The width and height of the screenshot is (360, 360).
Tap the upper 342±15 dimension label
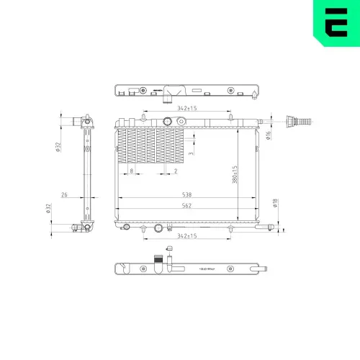pos(167,108)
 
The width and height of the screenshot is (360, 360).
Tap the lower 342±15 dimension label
pos(167,235)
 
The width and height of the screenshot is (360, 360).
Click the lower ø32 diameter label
pos(48,209)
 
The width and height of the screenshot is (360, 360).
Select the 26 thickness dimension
pos(64,194)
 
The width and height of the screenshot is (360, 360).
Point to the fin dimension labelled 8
pos(131,171)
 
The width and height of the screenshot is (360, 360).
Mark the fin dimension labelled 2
pos(176,171)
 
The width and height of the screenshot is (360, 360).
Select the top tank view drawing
pos(186,91)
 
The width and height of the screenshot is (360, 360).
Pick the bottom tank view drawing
pos(191,269)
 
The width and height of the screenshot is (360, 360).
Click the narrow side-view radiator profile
pos(86,173)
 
